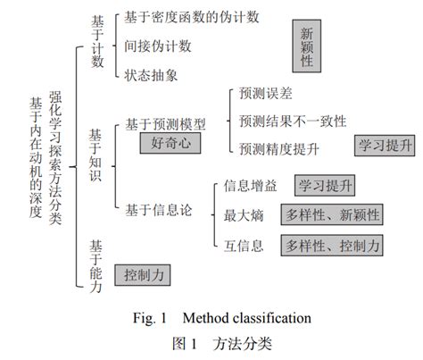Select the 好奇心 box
coord(170,143)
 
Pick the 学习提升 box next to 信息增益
coord(325,187)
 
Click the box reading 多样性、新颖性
coord(332,215)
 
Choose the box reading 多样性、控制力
coord(332,244)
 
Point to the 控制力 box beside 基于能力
coord(144,274)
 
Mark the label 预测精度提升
coord(278,147)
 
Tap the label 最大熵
coord(240,215)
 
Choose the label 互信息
coord(240,243)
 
